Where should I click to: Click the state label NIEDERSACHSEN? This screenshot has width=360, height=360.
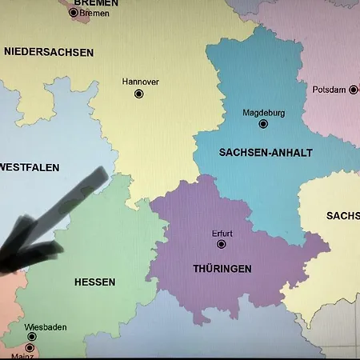(49, 52)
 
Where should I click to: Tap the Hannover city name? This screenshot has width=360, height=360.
(140, 82)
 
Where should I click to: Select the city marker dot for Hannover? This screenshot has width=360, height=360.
(139, 94)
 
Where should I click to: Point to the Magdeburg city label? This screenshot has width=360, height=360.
(263, 113)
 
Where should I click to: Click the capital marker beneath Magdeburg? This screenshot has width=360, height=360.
(263, 124)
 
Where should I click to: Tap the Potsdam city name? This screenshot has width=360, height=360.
(329, 90)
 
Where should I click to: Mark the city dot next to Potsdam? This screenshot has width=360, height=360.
(353, 90)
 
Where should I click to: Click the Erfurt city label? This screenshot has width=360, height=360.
(222, 234)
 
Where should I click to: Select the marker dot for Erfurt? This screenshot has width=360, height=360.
(222, 244)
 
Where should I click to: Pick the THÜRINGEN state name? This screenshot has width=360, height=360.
(222, 269)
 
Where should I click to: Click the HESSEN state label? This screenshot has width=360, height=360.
(94, 282)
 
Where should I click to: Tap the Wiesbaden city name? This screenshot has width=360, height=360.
(46, 327)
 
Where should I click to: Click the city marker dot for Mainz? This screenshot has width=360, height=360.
(30, 348)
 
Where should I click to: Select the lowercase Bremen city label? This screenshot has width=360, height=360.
(94, 13)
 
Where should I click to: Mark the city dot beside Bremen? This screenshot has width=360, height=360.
(74, 12)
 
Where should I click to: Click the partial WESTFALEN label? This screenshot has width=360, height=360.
(30, 167)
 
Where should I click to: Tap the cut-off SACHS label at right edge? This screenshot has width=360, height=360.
(343, 216)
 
